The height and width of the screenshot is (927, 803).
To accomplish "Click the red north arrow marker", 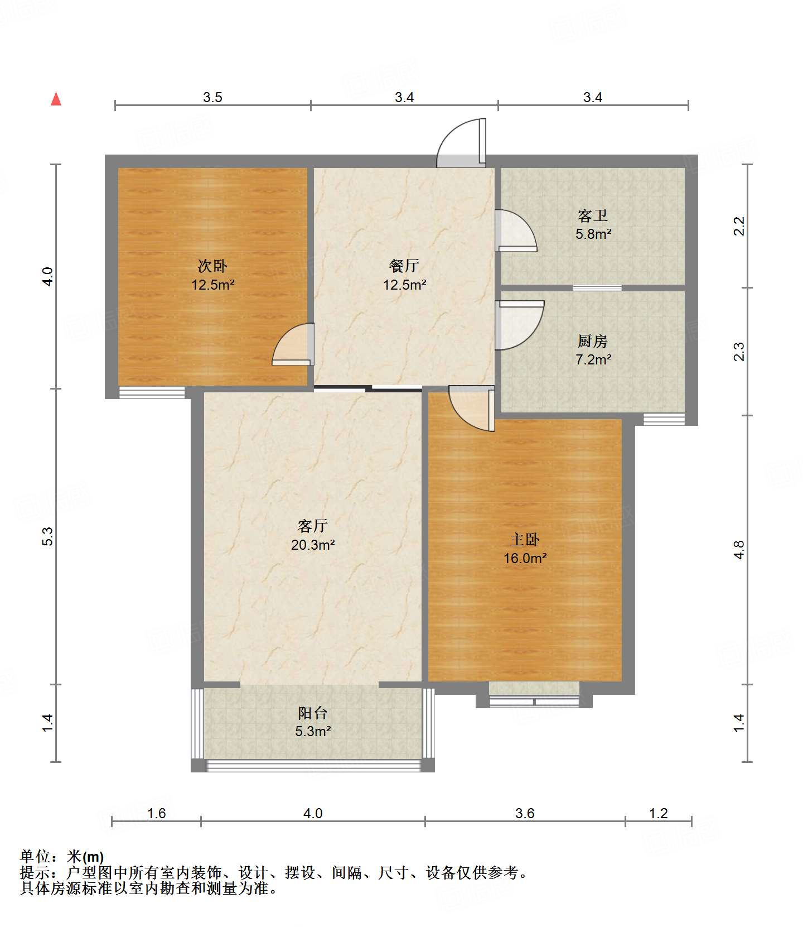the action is (x=56, y=99).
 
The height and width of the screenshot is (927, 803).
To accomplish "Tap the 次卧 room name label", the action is (x=212, y=266).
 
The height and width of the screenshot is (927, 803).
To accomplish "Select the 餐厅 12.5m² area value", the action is (x=404, y=285).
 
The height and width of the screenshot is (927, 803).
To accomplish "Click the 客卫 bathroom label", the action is (x=593, y=215).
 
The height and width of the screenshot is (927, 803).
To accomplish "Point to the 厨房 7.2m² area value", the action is (x=593, y=359).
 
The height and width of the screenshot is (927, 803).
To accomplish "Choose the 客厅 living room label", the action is (x=312, y=526).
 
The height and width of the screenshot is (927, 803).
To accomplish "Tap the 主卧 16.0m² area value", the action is (x=525, y=558).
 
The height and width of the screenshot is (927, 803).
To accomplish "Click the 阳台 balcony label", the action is (x=312, y=713).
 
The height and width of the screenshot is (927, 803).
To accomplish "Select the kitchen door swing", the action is (x=519, y=325).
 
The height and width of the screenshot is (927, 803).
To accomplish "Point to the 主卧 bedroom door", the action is (x=472, y=409).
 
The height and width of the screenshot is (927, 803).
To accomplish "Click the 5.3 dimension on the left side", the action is (x=48, y=536).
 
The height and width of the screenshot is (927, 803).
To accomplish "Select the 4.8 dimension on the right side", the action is (x=739, y=550).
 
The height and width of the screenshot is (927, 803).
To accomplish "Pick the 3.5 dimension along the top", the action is (x=212, y=98).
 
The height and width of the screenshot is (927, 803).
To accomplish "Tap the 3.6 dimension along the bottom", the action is (x=525, y=813).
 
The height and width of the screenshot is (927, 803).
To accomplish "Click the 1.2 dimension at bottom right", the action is (x=659, y=813).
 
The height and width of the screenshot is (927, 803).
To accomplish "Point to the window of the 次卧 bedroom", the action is (x=152, y=392).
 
